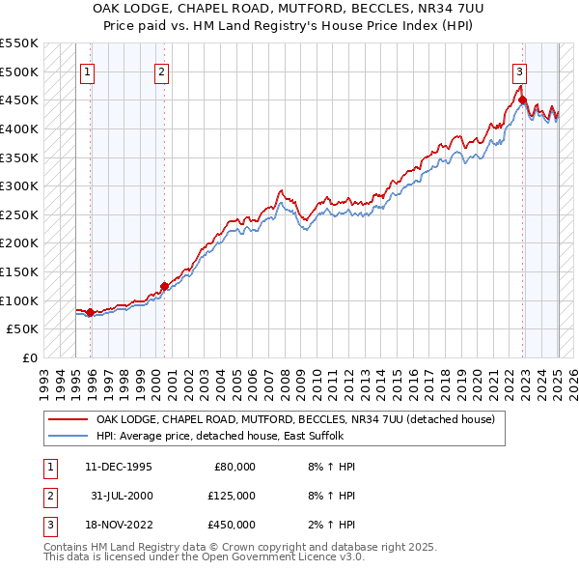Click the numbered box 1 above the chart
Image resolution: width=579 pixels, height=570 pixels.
(x=88, y=71)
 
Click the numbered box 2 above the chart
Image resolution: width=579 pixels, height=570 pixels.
(x=161, y=71)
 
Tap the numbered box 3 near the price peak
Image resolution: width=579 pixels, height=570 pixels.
(x=519, y=71)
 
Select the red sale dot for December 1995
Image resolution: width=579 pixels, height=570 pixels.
(x=90, y=312)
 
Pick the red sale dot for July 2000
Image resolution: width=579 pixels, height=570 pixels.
(x=164, y=286)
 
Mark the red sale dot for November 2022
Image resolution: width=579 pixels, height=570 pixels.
(x=522, y=100)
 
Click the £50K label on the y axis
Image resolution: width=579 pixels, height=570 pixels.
(x=23, y=329)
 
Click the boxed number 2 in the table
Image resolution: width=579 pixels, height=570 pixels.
(x=49, y=496)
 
